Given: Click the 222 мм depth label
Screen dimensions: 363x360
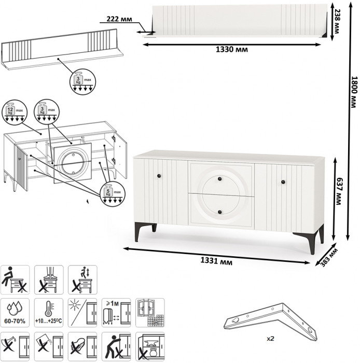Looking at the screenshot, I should (118, 19).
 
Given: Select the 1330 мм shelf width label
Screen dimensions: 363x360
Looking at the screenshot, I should (231, 50).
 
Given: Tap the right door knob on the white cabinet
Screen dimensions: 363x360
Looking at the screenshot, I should (283, 181).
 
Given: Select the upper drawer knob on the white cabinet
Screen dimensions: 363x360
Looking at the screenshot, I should (220, 179).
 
